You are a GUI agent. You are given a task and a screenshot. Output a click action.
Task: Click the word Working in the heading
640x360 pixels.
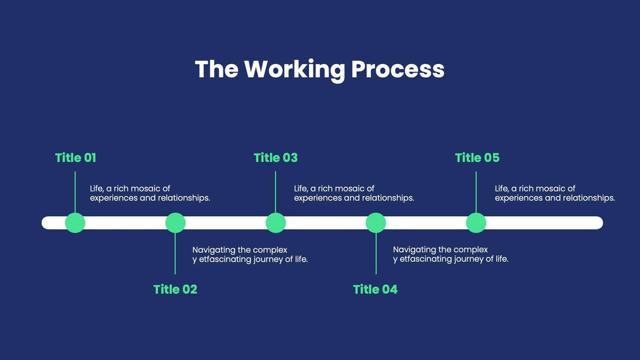coord(295,70)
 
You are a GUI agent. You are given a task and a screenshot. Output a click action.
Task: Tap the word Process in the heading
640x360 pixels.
coord(398,69)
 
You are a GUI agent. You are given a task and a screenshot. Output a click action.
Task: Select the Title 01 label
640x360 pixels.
coord(76,157)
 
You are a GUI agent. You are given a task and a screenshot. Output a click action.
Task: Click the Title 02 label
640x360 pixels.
coord(175,289)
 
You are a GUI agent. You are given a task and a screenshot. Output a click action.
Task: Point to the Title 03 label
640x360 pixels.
coord(276,157)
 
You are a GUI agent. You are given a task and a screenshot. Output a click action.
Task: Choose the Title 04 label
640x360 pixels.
coord(375,289)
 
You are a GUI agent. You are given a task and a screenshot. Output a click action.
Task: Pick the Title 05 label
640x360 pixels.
coord(477,157)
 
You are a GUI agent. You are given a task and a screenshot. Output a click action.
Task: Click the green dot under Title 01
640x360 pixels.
coord(75,223)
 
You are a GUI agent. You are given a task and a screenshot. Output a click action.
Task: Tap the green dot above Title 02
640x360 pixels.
coord(176,223)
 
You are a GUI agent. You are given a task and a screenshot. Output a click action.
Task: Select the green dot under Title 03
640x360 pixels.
coord(276,223)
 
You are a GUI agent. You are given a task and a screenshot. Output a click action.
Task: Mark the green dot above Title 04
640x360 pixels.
coord(376,223)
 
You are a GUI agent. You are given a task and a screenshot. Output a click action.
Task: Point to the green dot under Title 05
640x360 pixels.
coord(476,223)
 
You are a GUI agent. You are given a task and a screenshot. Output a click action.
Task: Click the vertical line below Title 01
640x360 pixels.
coord(75,192)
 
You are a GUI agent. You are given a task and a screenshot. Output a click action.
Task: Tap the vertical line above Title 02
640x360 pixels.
coord(175,253)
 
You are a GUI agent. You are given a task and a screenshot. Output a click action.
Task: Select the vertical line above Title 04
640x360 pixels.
coord(376,253)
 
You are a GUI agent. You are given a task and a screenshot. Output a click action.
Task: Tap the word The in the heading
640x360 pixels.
coord(217,69)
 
